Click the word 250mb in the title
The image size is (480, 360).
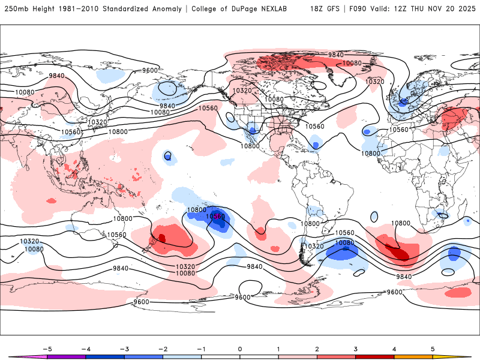click(x=17, y=9)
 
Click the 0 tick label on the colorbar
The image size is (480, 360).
click(x=239, y=348)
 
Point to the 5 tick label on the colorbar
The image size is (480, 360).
click(x=433, y=348)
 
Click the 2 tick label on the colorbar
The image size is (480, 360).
click(x=317, y=348)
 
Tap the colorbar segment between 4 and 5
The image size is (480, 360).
click(x=413, y=356)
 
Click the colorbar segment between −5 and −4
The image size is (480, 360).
click(x=66, y=356)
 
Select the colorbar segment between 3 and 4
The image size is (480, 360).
click(x=374, y=356)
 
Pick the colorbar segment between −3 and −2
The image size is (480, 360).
click(x=143, y=356)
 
